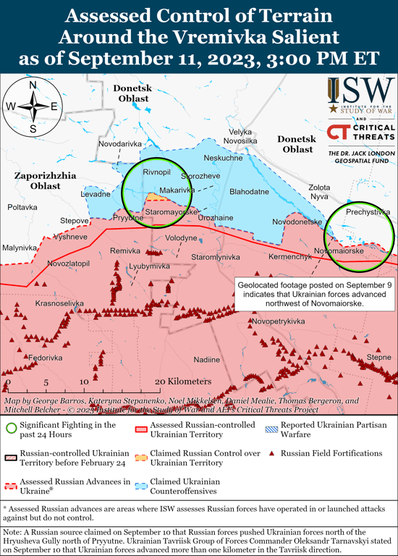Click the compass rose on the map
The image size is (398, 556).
click(33, 106)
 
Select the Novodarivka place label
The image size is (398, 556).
click(120, 144)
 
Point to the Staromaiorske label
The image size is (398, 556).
click(171, 211)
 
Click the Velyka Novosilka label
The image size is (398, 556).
click(241, 136)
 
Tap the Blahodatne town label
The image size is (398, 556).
click(249, 192)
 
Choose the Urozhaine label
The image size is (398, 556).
click(216, 217)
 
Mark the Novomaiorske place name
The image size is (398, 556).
click(339, 250)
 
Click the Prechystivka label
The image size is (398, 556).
click(368, 212)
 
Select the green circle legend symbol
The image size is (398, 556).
click(10, 426)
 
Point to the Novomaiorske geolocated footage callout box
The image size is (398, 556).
click(315, 295)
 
